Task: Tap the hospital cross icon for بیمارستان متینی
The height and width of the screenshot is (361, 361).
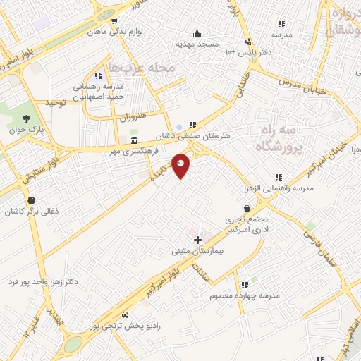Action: click(x=197, y=240)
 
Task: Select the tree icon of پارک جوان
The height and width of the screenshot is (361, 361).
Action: click(x=27, y=118)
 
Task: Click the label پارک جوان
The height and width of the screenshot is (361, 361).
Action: click(x=27, y=130)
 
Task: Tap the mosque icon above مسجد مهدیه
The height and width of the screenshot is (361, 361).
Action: click(x=197, y=32)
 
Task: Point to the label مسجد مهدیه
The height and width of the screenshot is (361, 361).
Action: click(x=197, y=43)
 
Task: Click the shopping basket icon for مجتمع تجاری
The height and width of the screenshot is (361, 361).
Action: click(x=247, y=208)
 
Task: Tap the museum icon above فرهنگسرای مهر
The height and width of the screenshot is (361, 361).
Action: click(x=133, y=140)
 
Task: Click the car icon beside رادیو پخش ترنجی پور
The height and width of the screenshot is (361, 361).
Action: click(x=125, y=314)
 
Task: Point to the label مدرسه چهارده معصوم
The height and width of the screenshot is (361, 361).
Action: click(x=245, y=295)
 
